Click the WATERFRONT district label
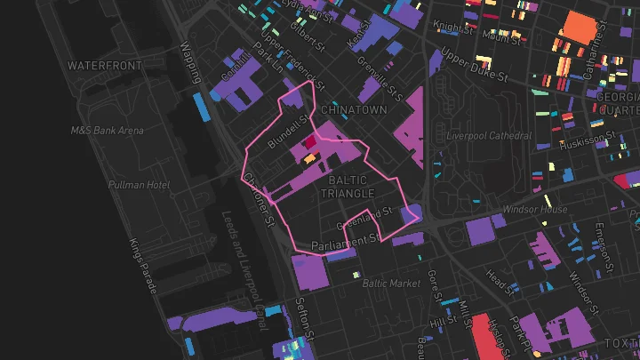click(104, 66)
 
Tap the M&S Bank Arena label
click(107, 131)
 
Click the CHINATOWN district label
click(353, 109)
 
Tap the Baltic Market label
click(391, 284)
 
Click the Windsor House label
click(534, 210)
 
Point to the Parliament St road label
click(345, 242)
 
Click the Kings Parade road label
click(141, 266)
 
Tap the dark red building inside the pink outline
click(310, 140)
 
